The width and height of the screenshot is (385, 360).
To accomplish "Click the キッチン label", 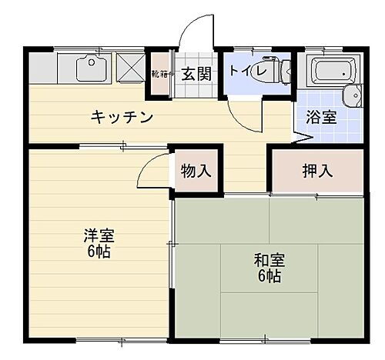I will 122,117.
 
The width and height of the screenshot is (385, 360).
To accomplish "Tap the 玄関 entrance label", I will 196,75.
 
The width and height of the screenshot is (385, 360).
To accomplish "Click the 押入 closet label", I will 316,170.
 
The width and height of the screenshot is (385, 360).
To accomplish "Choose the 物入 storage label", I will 196,170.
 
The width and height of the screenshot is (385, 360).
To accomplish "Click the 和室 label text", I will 269,260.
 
